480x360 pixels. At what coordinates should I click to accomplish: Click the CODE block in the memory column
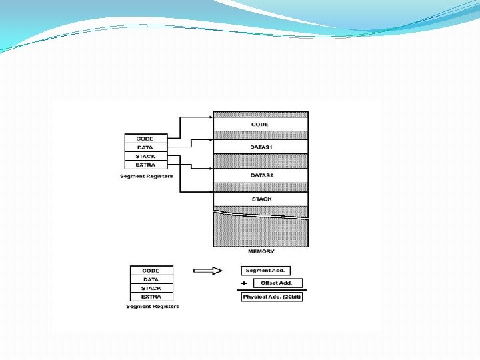[x=260, y=125]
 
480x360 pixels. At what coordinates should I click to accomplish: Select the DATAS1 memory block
[x=260, y=147]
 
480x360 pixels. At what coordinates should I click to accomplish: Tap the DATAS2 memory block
[x=260, y=175]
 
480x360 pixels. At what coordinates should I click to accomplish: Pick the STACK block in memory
[x=260, y=199]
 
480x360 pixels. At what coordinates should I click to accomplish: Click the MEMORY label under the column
[x=261, y=251]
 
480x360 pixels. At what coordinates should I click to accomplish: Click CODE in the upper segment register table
[x=145, y=139]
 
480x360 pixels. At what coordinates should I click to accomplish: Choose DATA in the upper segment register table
[x=145, y=147]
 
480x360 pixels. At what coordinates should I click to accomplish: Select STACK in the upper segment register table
[x=145, y=156]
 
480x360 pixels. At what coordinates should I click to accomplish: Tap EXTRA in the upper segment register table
[x=145, y=165]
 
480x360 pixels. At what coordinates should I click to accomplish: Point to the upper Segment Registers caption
[x=146, y=176]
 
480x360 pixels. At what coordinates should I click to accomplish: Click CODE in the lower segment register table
[x=151, y=271]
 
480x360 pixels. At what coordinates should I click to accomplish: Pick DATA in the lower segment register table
[x=151, y=279]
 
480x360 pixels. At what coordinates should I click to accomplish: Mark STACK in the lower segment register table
[x=151, y=288]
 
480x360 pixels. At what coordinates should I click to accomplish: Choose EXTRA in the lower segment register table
[x=151, y=297]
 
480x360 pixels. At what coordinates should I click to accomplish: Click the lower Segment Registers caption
[x=153, y=307]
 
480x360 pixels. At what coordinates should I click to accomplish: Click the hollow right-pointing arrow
[x=207, y=271]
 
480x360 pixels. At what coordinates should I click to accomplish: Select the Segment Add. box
[x=266, y=271]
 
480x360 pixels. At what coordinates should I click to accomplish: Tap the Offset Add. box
[x=277, y=283]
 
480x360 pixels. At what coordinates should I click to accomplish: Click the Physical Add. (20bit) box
[x=271, y=297]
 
